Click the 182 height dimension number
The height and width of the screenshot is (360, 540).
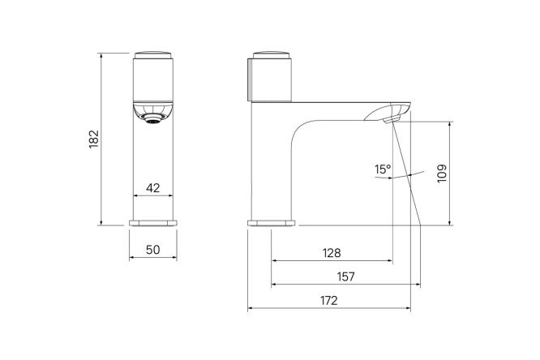(x=94, y=139)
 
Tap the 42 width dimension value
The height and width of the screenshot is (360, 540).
(x=153, y=188)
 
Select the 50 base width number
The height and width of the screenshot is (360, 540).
(x=153, y=250)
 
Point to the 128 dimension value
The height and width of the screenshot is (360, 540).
(x=332, y=253)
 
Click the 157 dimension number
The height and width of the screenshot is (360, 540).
(x=345, y=276)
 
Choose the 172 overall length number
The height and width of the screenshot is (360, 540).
(x=329, y=301)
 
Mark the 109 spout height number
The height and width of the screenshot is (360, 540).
(x=442, y=174)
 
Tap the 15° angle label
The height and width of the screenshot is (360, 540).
(x=383, y=169)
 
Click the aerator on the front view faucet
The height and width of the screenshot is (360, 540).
(x=153, y=119)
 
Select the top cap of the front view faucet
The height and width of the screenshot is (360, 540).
(x=153, y=55)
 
